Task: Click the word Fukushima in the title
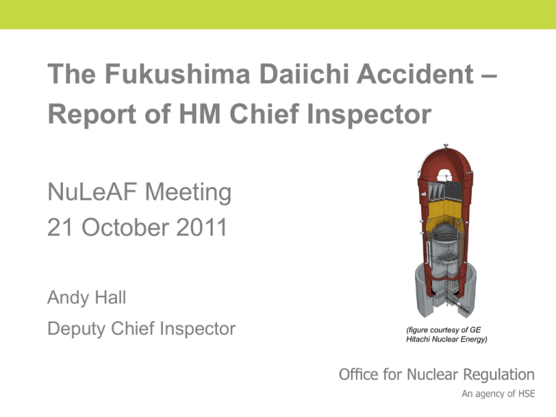177,74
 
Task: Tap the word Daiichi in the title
303,74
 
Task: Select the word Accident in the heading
416,74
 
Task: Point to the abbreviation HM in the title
200,114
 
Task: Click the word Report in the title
92,114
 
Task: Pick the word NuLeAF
92,192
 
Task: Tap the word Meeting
188,193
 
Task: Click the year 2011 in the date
201,227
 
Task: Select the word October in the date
125,227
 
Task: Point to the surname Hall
110,297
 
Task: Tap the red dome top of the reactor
445,159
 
